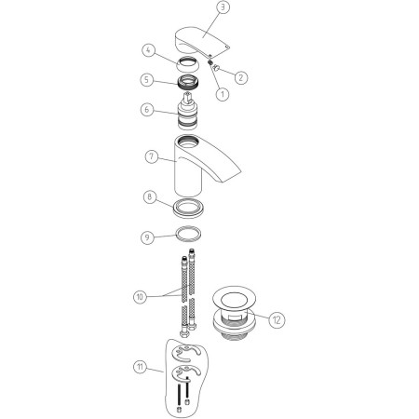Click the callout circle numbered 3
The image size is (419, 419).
point(223,7)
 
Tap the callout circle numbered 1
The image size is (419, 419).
point(222,94)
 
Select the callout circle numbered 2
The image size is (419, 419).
point(241,77)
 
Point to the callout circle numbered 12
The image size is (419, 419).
point(277,319)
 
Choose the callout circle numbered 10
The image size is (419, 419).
point(140,297)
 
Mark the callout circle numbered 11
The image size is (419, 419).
point(140,367)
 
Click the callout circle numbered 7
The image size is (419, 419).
point(152,156)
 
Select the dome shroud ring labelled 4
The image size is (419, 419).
point(187,63)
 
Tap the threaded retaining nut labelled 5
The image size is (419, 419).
point(189,83)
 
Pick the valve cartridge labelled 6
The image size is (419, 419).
point(187,111)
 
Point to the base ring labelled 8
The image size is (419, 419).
point(187,208)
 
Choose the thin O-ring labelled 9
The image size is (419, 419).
point(188,234)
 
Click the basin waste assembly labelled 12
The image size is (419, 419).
point(235,315)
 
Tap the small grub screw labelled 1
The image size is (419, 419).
point(210,62)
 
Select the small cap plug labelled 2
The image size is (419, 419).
point(216,66)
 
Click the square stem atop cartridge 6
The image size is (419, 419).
point(187,97)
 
